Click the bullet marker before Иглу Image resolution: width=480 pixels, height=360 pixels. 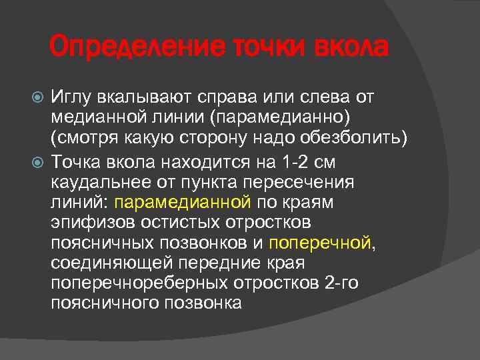point(39,99)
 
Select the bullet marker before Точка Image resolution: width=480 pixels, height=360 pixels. point(39,161)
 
